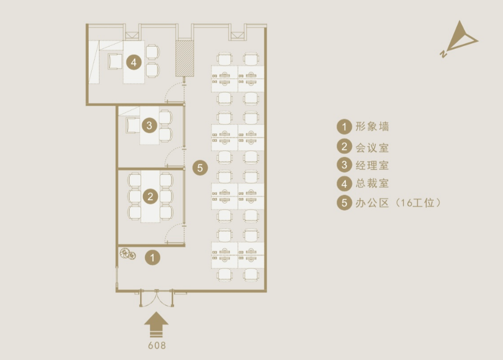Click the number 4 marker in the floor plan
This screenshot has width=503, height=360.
tap(134, 62)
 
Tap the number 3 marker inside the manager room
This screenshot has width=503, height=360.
tap(149, 125)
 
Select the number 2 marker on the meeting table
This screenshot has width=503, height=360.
tap(150, 196)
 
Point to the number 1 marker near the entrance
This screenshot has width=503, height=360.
tap(153, 258)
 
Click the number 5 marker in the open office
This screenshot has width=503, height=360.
tap(200, 168)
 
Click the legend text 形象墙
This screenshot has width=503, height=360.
tap(372, 127)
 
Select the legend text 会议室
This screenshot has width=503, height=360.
tap(372, 148)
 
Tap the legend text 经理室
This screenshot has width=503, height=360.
tap(372, 166)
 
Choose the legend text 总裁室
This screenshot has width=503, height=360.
tap(372, 184)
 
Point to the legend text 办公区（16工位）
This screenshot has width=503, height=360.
tap(398, 202)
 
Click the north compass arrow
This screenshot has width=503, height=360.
tap(459, 39)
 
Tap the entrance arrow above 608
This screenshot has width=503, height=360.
tap(156, 324)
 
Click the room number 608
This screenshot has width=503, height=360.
tap(157, 345)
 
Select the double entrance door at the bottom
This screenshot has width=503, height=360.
tap(156, 298)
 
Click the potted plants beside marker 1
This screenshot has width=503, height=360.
tap(128, 254)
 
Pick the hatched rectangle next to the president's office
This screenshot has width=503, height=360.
tap(184, 58)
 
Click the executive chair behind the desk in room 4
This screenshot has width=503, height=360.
tap(115, 61)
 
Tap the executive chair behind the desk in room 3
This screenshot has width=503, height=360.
tap(133, 125)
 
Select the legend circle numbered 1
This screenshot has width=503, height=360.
tap(344, 127)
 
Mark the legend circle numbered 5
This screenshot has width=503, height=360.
tap(344, 202)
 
